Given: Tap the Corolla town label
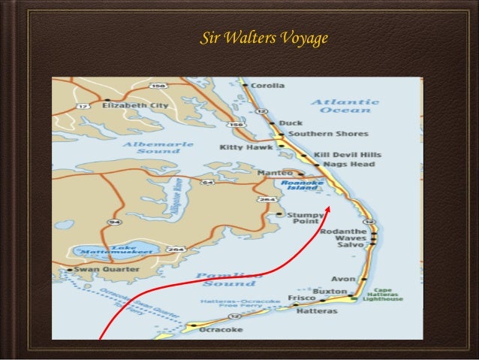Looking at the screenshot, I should point(267,86).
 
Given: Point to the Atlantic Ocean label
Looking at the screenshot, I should point(345,106).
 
